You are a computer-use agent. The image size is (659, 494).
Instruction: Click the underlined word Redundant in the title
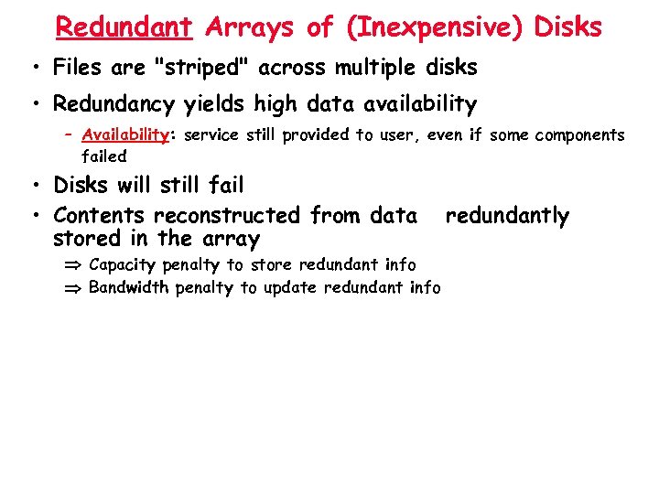[124, 27]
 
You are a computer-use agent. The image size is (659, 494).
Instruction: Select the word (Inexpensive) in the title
[433, 27]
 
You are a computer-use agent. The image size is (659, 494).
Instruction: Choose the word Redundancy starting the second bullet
[113, 105]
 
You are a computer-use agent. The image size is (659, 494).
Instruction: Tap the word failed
[103, 156]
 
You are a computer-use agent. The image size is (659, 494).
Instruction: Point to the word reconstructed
[227, 216]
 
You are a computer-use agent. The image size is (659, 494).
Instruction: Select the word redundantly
[507, 216]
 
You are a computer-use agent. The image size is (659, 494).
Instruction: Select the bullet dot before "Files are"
[33, 68]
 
